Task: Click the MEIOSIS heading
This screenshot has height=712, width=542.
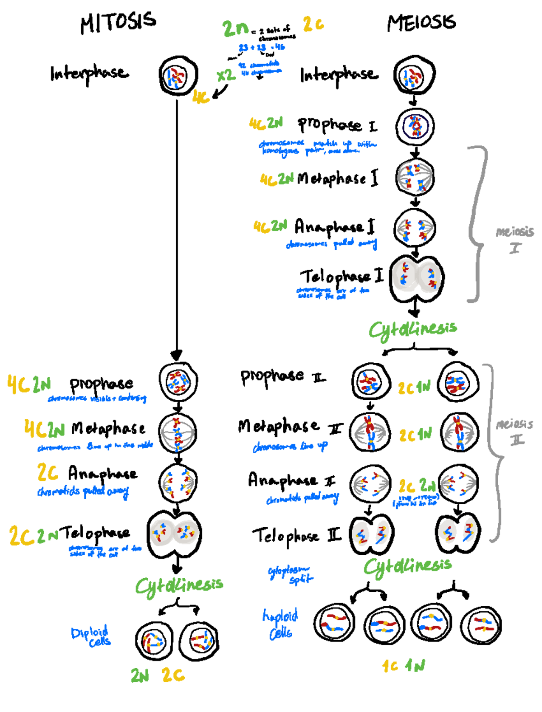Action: [421, 23]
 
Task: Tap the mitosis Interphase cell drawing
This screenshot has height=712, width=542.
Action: [178, 76]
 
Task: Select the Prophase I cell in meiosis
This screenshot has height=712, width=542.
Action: [415, 126]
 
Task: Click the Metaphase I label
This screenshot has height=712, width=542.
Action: [337, 178]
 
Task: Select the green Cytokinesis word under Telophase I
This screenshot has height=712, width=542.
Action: [413, 330]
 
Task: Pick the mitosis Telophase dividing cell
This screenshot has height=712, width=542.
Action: [174, 534]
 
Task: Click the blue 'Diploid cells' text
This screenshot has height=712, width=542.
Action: [92, 637]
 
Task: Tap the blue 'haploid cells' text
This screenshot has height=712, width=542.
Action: [280, 624]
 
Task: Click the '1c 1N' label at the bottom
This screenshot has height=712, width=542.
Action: [403, 665]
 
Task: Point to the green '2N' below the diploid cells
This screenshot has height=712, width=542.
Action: [140, 676]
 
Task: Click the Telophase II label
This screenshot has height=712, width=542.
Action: [296, 536]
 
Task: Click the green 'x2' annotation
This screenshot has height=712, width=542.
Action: [226, 75]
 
